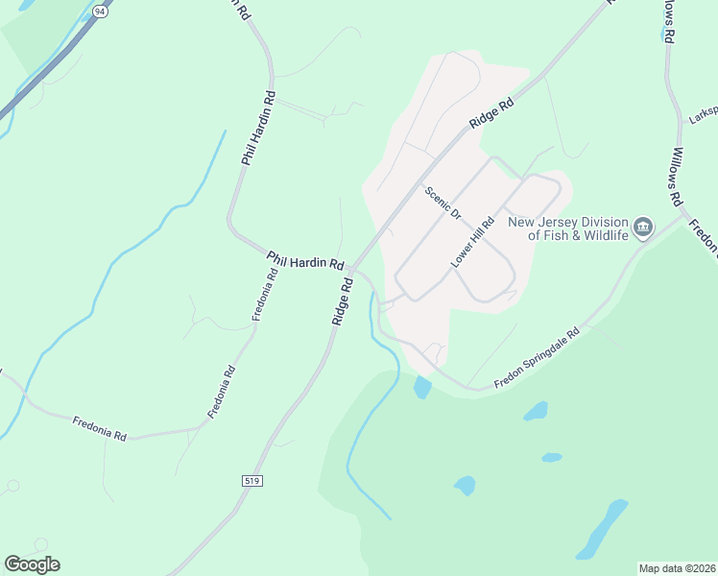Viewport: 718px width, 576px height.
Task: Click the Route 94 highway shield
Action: click(100, 10)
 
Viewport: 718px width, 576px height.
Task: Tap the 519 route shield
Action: click(252, 479)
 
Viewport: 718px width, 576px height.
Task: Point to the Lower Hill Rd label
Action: click(472, 243)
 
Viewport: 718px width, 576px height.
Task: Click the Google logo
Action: click(32, 564)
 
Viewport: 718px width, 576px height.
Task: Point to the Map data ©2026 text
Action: click(677, 568)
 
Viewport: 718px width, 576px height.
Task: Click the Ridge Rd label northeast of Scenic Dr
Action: click(491, 112)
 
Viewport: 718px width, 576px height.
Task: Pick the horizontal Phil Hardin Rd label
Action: click(305, 261)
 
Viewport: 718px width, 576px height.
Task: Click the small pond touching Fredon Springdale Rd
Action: click(421, 388)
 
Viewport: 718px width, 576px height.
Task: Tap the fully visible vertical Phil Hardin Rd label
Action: click(259, 128)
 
